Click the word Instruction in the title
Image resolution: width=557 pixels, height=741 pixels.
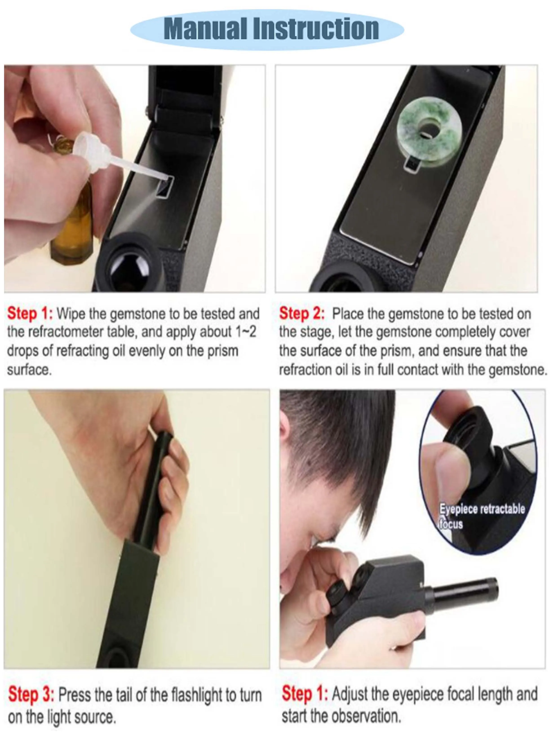[x=316, y=29]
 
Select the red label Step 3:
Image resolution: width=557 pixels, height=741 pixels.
[x=31, y=694]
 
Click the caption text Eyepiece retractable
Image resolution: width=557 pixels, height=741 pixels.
[x=482, y=509]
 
